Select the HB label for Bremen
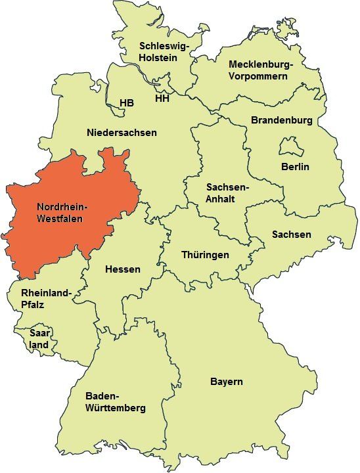[x=127, y=103]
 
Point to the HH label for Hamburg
[x=162, y=99]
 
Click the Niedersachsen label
[x=122, y=133]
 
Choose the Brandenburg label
[x=281, y=120]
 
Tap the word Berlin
[x=295, y=166]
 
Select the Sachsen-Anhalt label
[x=227, y=193]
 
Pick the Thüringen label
[x=205, y=255]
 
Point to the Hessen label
[x=122, y=269]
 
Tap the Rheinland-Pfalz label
[x=46, y=298]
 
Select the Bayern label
[x=227, y=382]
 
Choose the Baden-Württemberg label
[x=116, y=402]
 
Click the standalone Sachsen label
[x=292, y=235]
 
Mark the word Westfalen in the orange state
[x=60, y=218]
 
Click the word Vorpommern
[x=258, y=76]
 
